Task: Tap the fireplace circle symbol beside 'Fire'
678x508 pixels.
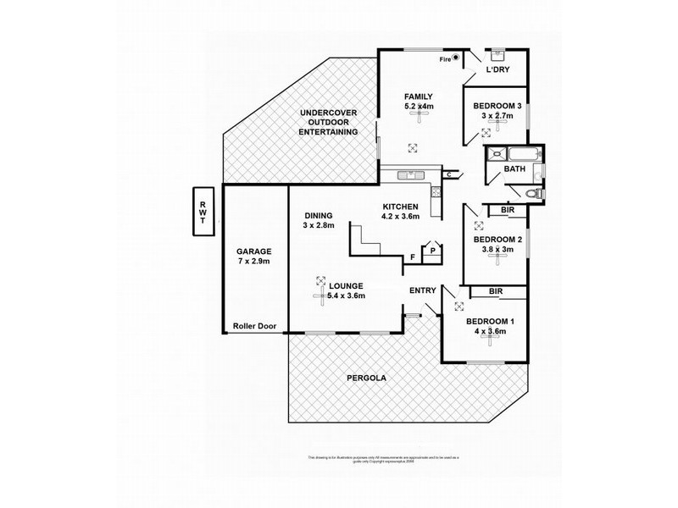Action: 456,58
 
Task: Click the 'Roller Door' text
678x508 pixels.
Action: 254,325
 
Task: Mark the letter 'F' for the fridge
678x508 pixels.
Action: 413,257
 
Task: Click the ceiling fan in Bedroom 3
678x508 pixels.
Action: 486,131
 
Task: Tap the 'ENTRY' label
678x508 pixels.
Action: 422,290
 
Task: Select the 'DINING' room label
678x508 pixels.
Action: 318,215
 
